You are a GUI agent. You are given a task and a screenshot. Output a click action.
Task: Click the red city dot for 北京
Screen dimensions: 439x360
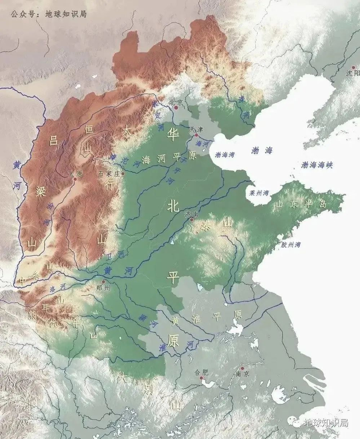pyautogui.click(x=176, y=108)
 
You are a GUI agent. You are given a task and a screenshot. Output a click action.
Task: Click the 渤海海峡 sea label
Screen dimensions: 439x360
pyautogui.click(x=317, y=165)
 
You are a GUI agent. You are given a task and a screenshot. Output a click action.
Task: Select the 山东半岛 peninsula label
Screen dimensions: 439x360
pyautogui.click(x=301, y=205)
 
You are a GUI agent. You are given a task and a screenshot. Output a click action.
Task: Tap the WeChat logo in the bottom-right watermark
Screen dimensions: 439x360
pyautogui.click(x=293, y=423)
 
